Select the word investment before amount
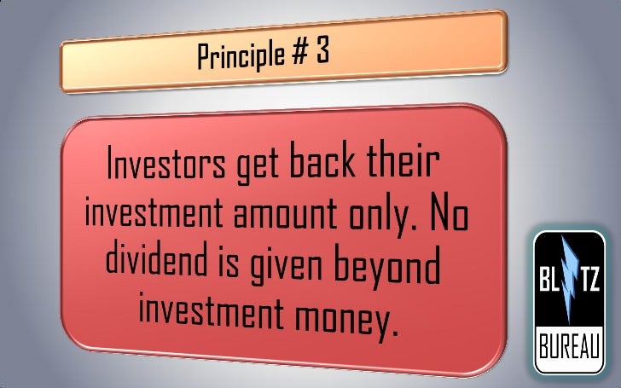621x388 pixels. (149, 217)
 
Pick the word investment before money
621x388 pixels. (204, 315)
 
